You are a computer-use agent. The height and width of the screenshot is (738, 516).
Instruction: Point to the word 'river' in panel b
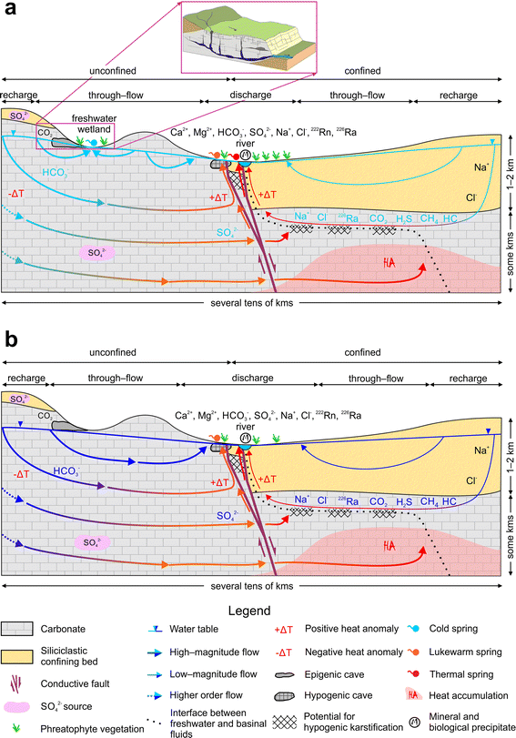[x=245, y=425]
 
